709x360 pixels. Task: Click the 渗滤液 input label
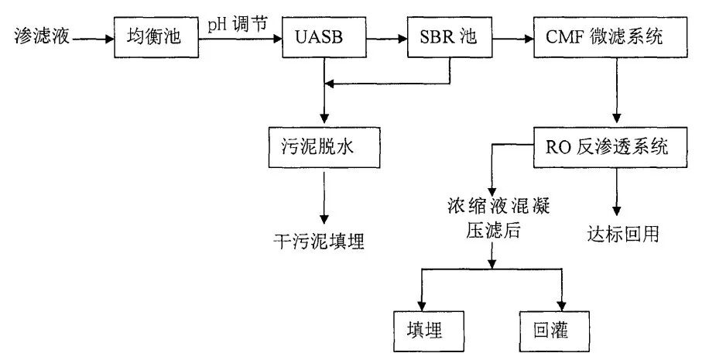tap(39, 36)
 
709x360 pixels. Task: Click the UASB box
tap(322, 36)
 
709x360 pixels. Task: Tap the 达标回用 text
tap(622, 233)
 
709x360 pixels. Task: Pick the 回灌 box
tap(554, 329)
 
